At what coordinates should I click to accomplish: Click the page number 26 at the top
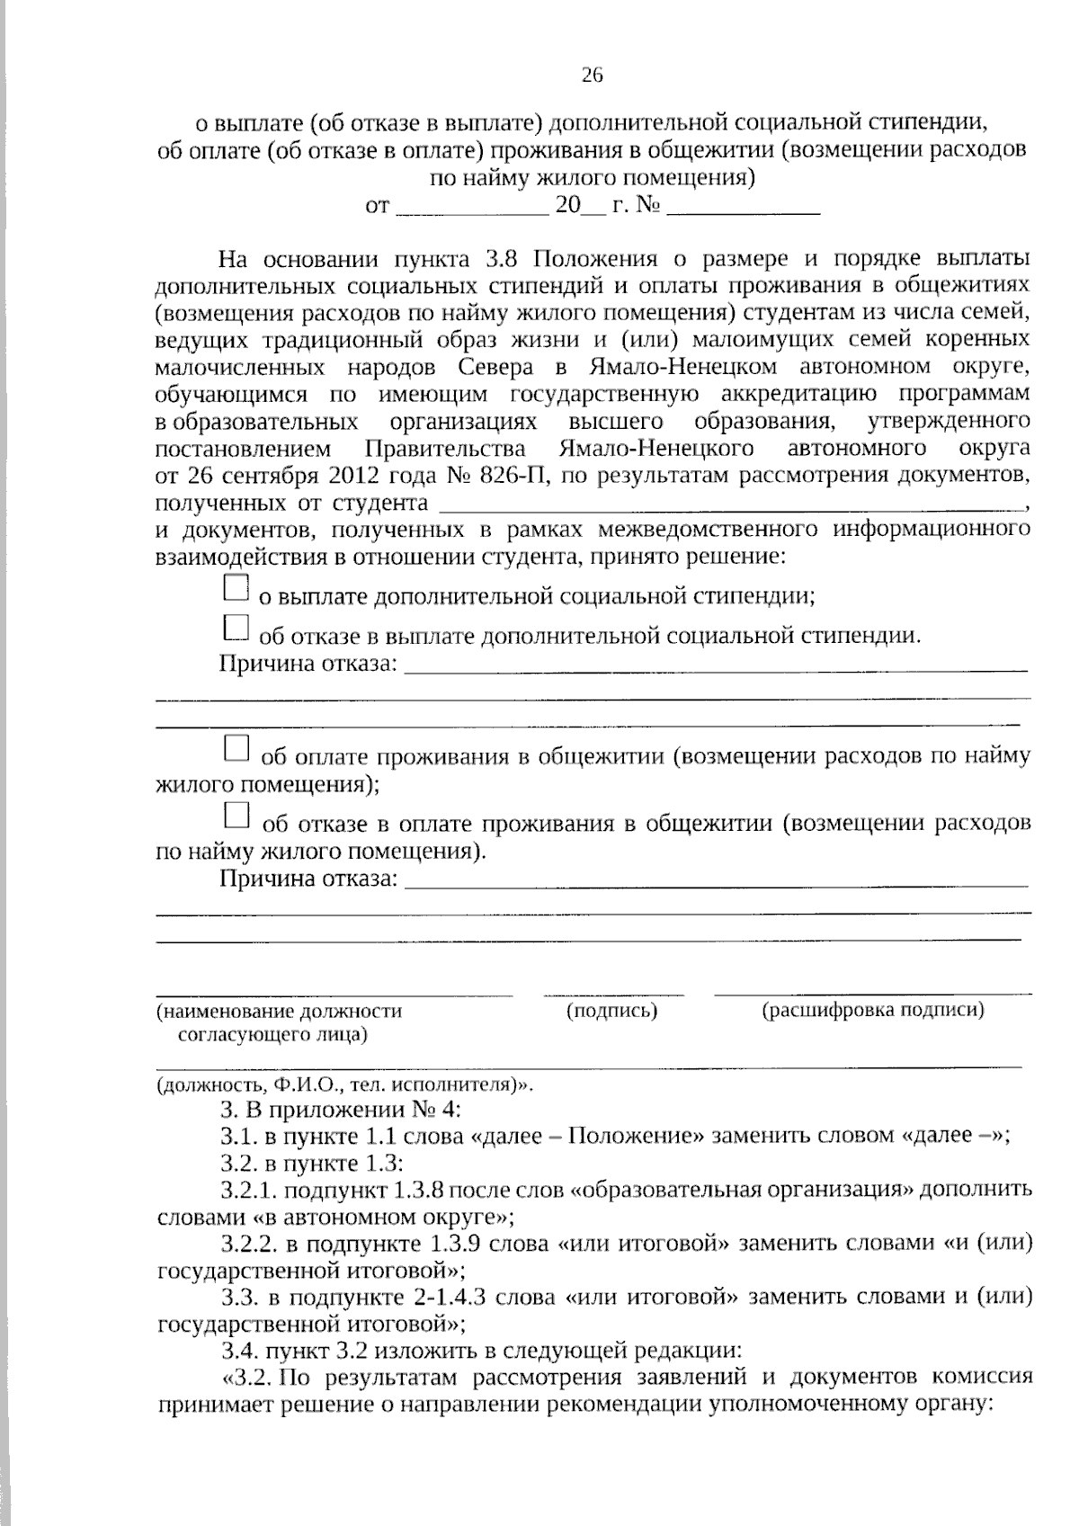tap(592, 76)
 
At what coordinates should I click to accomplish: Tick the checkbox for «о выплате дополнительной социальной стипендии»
tap(235, 588)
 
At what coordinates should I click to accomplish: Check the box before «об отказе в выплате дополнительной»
tap(235, 628)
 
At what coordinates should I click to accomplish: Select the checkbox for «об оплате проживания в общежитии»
tap(236, 748)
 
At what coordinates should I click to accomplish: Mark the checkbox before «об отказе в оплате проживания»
tap(236, 815)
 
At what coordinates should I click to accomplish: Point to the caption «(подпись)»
tap(612, 1011)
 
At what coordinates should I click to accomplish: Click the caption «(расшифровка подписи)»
tap(873, 1010)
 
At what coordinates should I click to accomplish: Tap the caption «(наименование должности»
tap(280, 1012)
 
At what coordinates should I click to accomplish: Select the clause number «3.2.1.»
tap(249, 1191)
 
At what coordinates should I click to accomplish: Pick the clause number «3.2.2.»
tap(249, 1244)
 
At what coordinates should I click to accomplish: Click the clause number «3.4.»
tap(237, 1350)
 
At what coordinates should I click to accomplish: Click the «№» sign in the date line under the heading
tap(648, 205)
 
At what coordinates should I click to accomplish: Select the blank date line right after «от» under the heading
tap(472, 209)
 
